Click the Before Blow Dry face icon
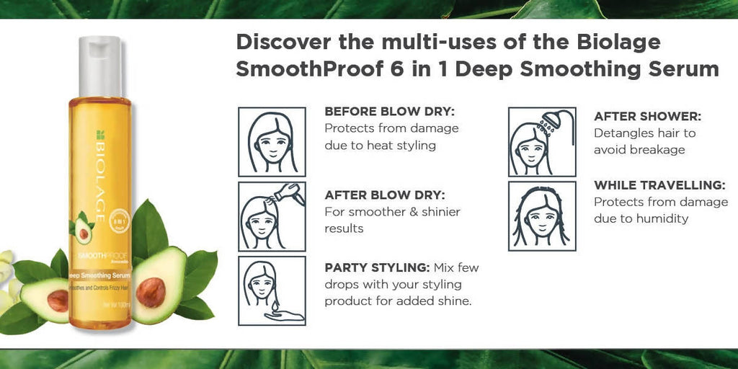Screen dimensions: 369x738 272,142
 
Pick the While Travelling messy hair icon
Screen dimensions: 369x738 541,216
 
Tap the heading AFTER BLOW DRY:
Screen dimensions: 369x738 384,195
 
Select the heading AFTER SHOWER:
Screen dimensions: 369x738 647,117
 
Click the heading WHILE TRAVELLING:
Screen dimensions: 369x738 659,185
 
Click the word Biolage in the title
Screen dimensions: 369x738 619,42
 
